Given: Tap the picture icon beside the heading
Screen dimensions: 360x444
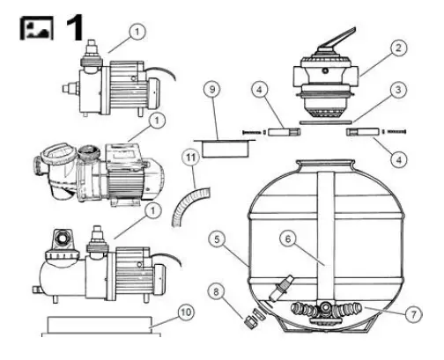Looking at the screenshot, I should pos(34,26).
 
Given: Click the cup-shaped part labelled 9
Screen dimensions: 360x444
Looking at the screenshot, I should pos(215,142).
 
